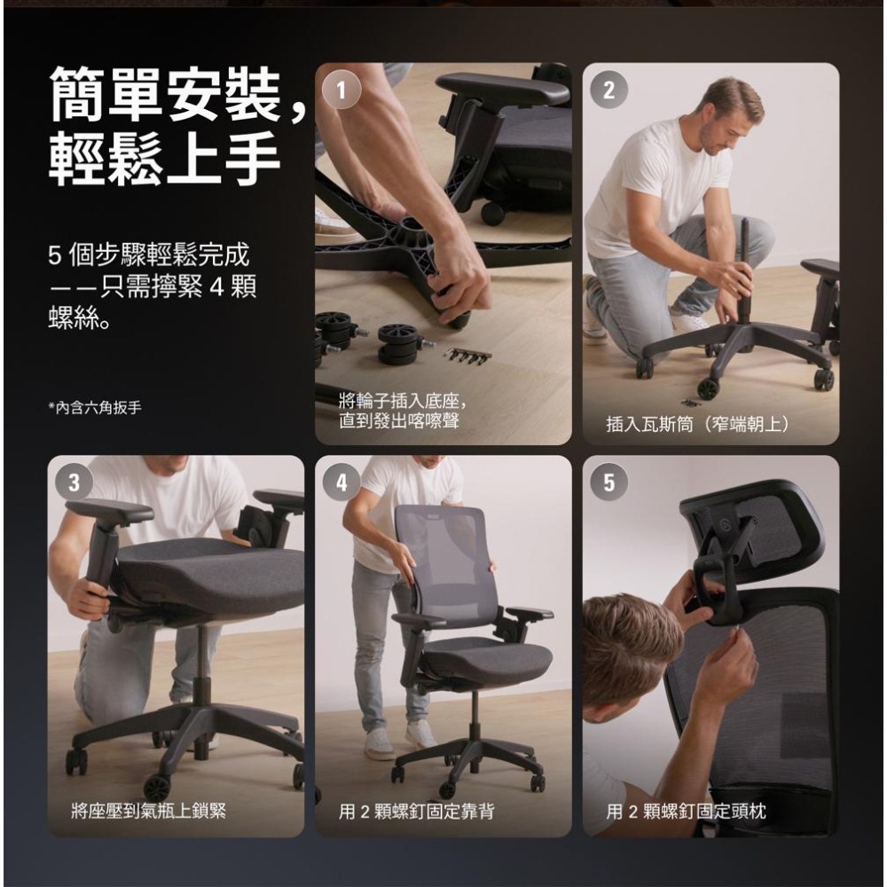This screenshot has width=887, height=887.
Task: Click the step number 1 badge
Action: click(341, 89)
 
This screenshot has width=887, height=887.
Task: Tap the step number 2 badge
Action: click(608, 90)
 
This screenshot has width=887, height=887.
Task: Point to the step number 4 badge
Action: click(341, 483)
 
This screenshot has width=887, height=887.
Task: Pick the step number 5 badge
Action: click(608, 483)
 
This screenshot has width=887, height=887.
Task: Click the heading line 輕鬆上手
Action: click(165, 161)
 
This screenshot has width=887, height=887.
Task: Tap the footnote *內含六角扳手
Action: click(94, 407)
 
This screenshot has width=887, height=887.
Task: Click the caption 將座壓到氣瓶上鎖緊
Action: click(149, 809)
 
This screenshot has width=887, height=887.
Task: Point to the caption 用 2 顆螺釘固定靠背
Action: click(417, 810)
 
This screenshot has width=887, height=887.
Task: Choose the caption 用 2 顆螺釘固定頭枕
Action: click(686, 810)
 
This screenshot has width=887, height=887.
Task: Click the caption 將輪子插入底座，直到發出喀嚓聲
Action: click(402, 411)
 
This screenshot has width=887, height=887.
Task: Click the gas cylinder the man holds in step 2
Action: click(743, 266)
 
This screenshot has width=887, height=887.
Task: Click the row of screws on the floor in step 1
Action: click(467, 357)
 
